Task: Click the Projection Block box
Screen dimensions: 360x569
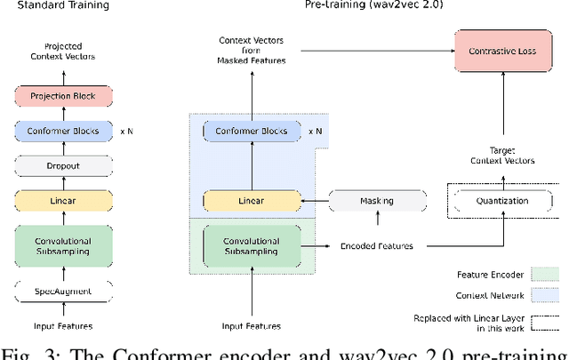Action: coord(62,96)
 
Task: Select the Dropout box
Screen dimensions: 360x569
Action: coord(62,166)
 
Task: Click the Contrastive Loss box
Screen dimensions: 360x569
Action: coord(498,52)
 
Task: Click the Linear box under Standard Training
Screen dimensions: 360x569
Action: coord(62,201)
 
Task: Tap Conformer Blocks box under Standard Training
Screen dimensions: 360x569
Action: coord(62,132)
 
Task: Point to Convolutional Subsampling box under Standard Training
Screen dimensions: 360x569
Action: coord(62,244)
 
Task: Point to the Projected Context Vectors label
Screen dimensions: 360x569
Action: coord(62,52)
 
